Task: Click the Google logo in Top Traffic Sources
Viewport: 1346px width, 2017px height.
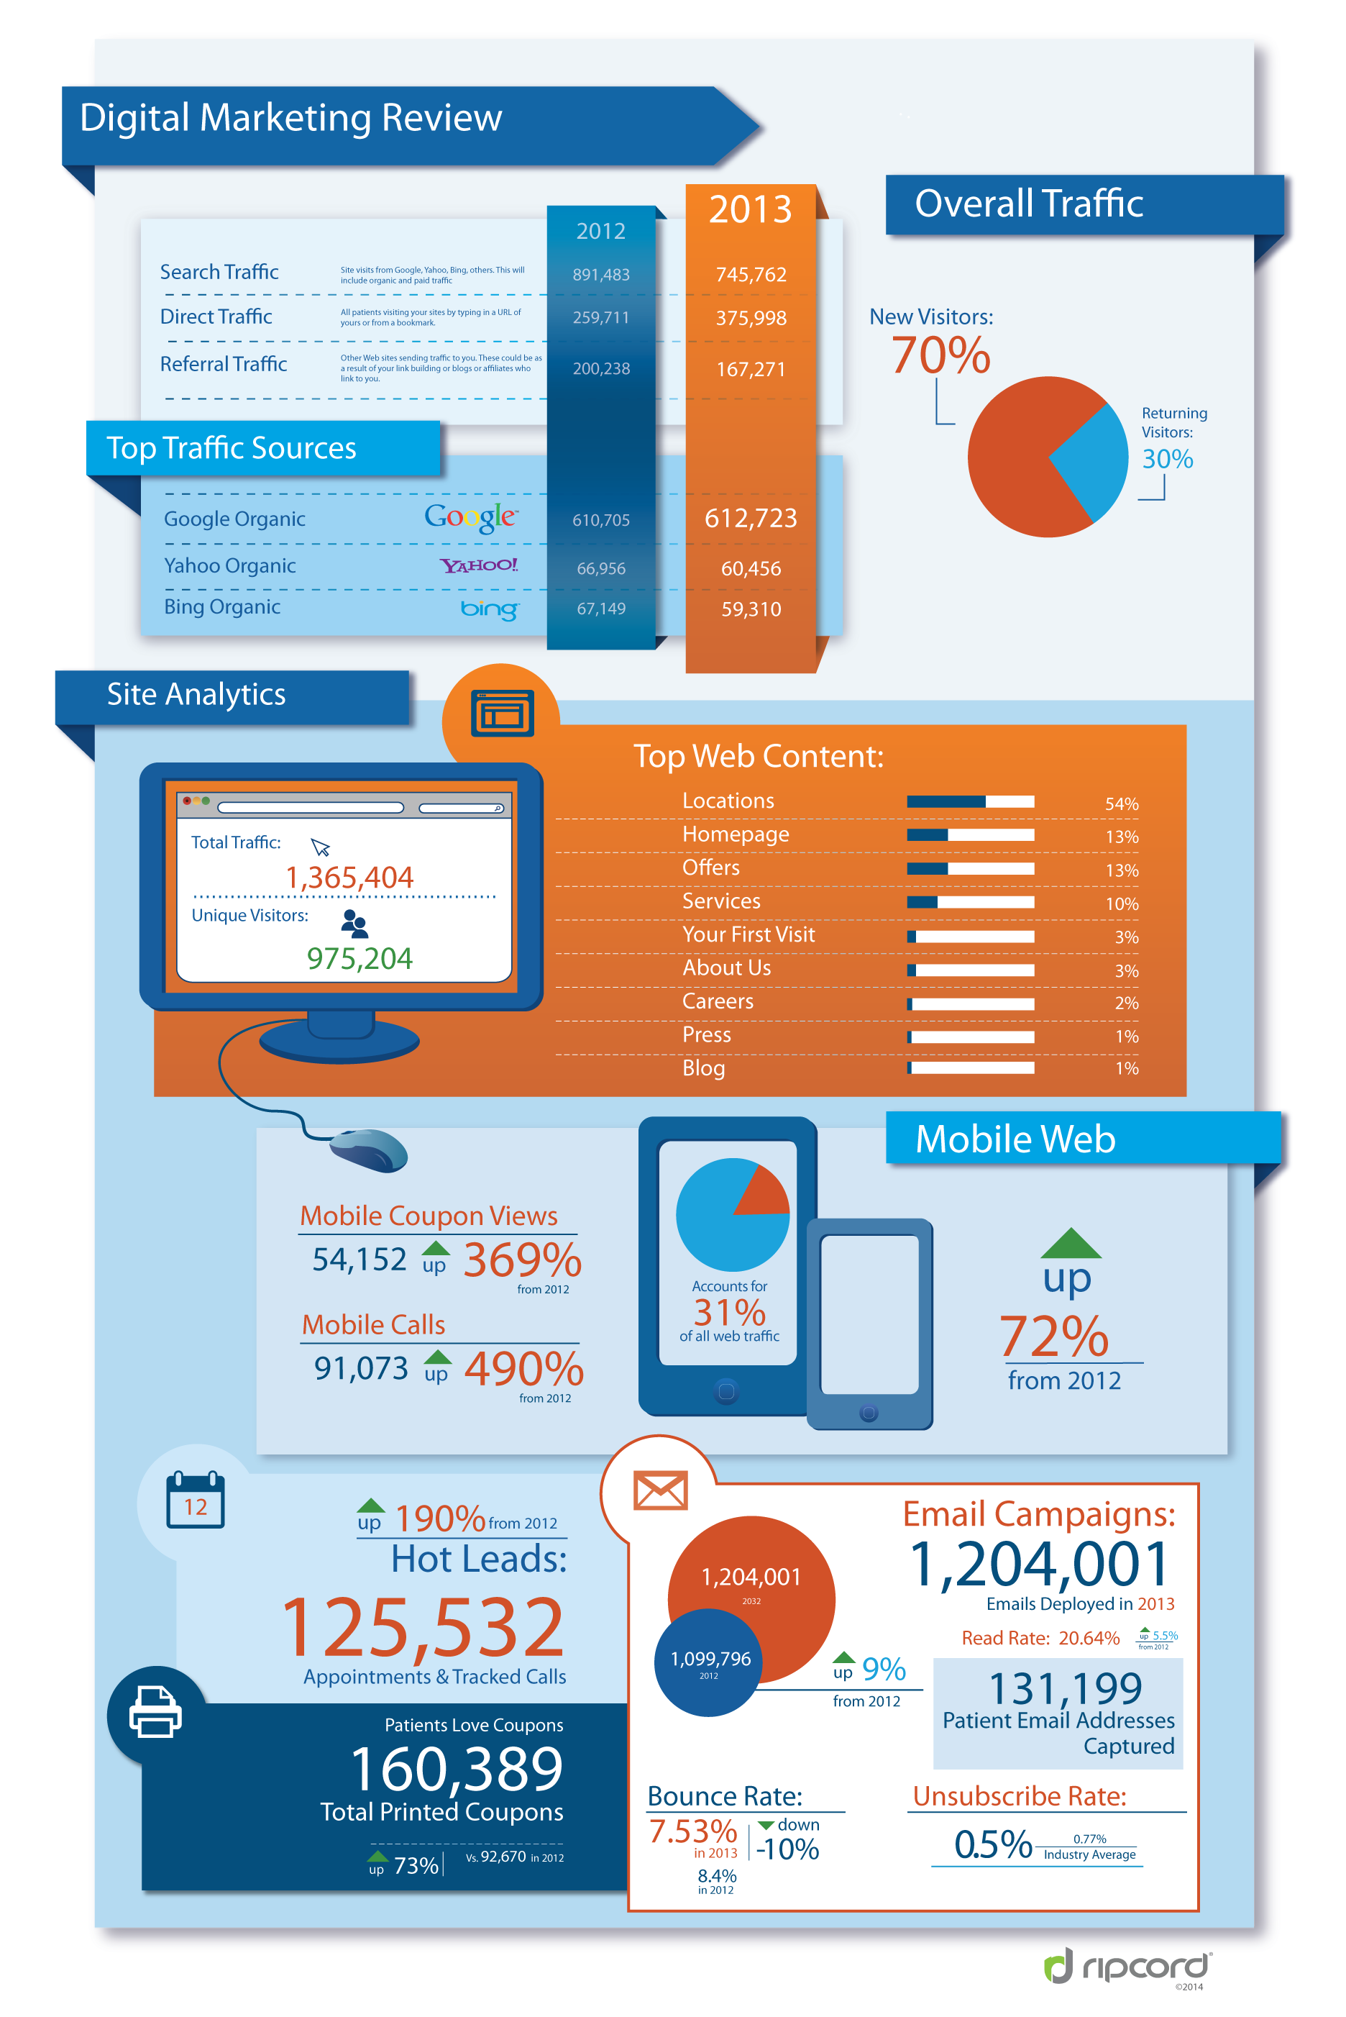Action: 470,517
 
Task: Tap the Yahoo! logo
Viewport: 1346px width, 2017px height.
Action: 479,565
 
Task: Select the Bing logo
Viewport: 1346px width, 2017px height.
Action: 490,609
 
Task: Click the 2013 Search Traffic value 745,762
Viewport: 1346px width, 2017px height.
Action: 751,275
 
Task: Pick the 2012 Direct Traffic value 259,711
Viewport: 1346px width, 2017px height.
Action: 601,318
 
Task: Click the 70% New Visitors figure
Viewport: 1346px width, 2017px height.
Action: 940,355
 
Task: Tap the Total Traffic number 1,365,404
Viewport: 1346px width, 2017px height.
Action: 349,878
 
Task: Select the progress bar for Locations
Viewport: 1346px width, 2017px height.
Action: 970,802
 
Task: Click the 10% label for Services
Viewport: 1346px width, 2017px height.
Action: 1122,903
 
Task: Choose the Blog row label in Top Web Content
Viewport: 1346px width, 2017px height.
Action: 704,1068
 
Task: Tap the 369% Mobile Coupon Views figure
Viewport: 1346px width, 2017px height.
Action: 523,1260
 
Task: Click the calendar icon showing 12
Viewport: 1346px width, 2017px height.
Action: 195,1499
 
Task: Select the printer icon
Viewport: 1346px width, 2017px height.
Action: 155,1711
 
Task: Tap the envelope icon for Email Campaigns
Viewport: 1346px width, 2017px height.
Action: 660,1490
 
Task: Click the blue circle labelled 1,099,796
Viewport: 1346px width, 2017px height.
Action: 709,1662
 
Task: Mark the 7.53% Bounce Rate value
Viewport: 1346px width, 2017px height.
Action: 692,1831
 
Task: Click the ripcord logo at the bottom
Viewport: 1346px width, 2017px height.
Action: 1127,1965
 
